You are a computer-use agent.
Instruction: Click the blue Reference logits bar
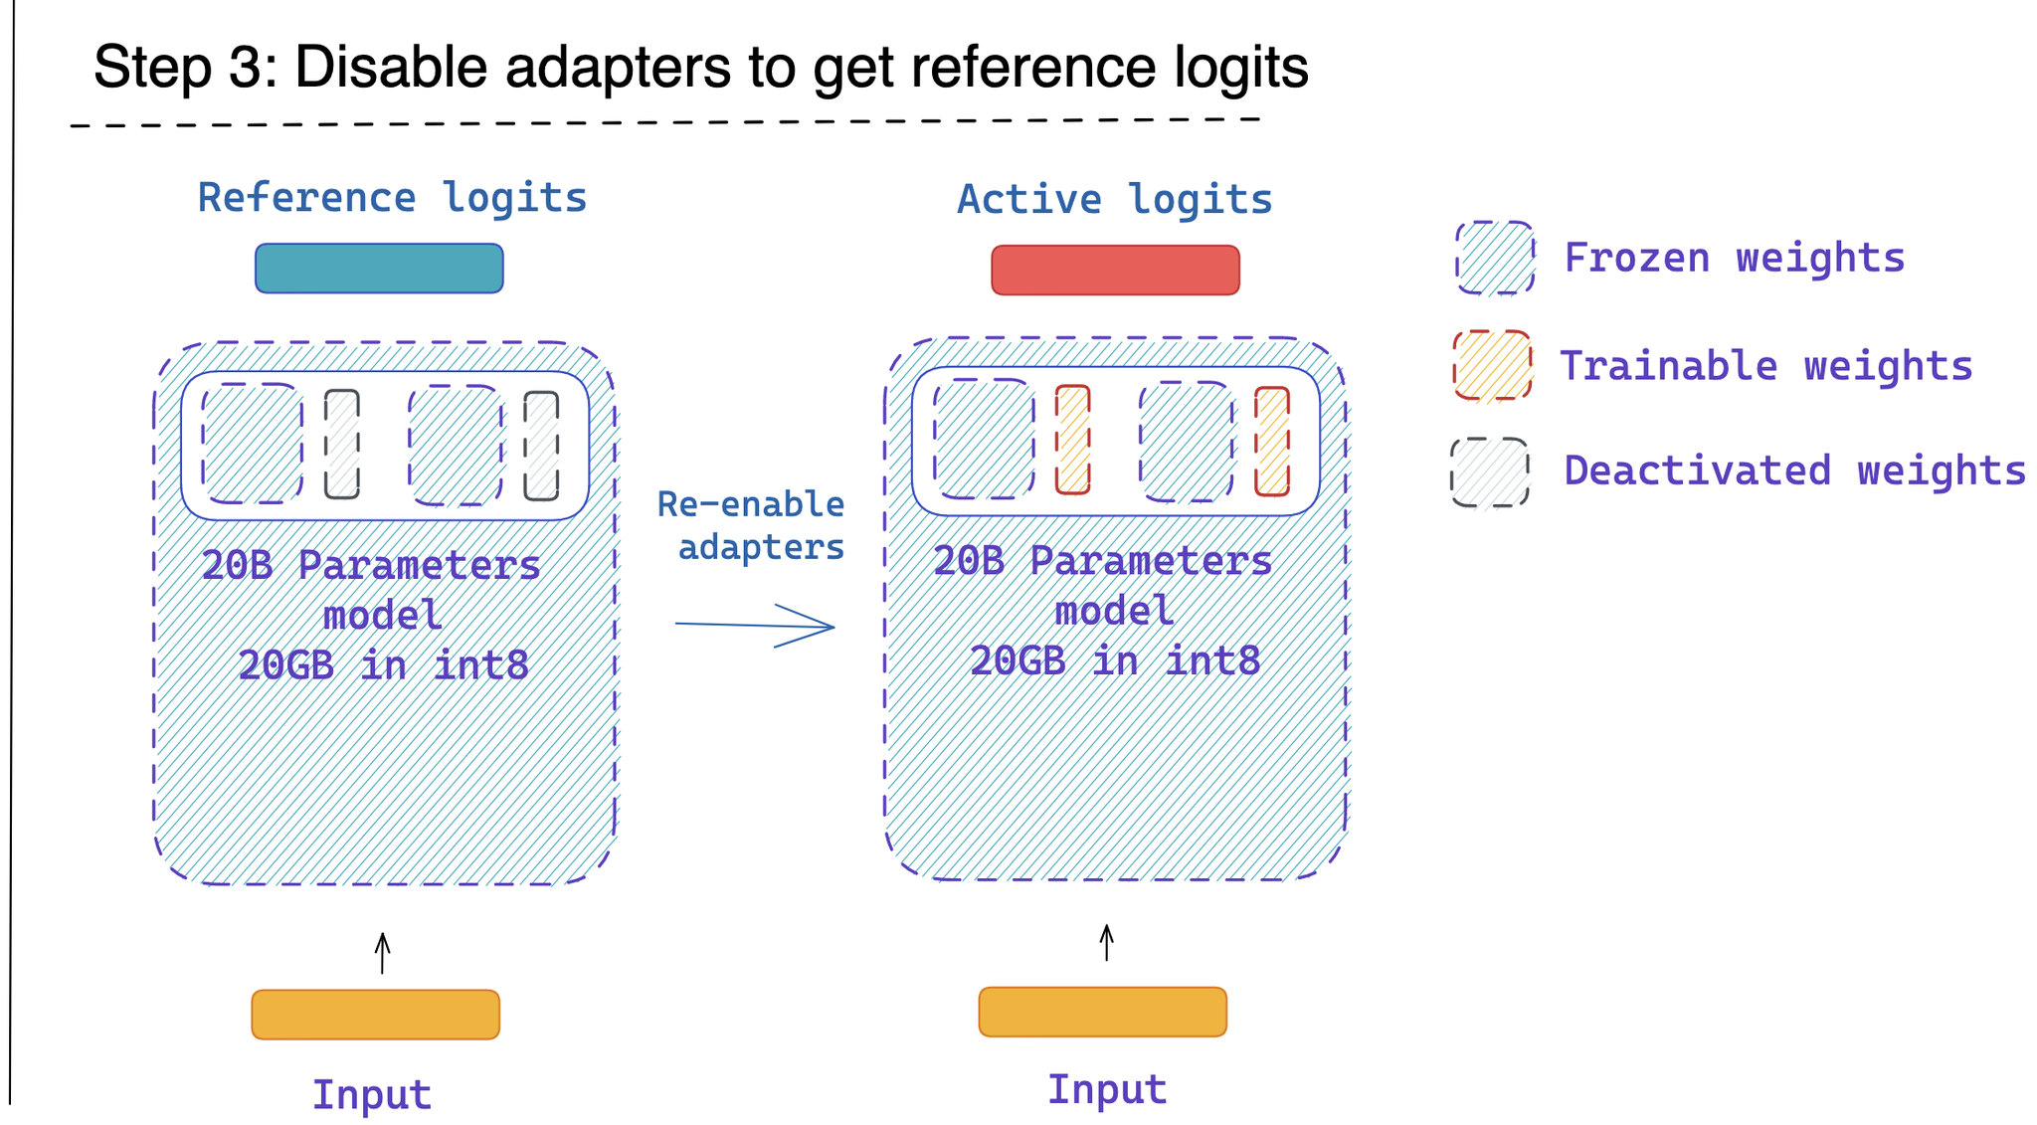pos(379,269)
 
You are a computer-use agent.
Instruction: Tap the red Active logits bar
pos(1115,271)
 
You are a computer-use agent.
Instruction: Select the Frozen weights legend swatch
pos(1495,259)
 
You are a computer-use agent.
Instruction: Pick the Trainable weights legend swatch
pos(1492,365)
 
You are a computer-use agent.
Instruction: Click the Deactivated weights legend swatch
pos(1489,472)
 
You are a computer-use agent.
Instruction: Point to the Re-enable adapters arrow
pos(756,626)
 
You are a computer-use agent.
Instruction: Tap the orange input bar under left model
pos(375,1015)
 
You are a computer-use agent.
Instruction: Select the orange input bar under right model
pos(1102,1012)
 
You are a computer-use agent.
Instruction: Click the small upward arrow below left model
pos(382,953)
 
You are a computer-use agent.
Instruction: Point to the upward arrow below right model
pos(1106,942)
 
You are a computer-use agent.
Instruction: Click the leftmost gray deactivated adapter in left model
pos(341,444)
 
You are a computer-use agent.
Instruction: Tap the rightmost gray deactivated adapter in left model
pos(541,446)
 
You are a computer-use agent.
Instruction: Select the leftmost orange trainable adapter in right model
pos(1072,440)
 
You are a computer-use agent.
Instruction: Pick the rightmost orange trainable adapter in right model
pos(1271,442)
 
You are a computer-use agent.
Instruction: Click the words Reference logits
pos(392,198)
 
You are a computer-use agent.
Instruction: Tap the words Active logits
pos(1114,200)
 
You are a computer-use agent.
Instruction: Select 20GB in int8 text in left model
pos(383,665)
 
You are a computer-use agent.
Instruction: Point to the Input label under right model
pos(1106,1090)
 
